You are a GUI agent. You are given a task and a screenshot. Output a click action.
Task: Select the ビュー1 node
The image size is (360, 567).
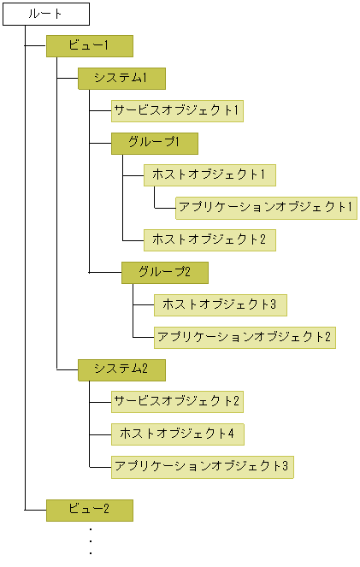click(89, 46)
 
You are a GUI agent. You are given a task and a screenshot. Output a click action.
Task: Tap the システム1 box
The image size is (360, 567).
click(121, 79)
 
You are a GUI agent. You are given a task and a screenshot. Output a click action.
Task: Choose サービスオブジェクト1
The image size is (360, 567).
click(177, 111)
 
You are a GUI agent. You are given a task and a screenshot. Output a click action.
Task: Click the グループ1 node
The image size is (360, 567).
click(154, 143)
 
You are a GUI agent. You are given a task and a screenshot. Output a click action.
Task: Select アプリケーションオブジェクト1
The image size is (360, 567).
click(265, 208)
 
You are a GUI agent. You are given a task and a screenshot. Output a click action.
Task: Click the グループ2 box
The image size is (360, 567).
click(164, 273)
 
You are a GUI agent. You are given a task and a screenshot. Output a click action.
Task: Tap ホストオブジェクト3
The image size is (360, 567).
click(219, 305)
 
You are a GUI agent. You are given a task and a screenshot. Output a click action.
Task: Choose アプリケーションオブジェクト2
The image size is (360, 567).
click(244, 337)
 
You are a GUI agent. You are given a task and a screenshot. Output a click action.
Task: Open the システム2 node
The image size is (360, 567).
click(121, 369)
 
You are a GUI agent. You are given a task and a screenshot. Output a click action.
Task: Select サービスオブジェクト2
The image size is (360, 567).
click(177, 401)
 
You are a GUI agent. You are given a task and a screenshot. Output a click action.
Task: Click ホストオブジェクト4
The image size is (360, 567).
click(177, 434)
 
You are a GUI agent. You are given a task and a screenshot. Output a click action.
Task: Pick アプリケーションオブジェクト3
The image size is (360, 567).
click(202, 466)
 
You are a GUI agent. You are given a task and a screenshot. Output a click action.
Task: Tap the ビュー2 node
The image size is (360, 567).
click(89, 511)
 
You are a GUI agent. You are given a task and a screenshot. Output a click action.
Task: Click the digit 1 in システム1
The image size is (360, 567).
click(145, 79)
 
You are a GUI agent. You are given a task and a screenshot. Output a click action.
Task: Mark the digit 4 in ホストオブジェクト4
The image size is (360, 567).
click(230, 434)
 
